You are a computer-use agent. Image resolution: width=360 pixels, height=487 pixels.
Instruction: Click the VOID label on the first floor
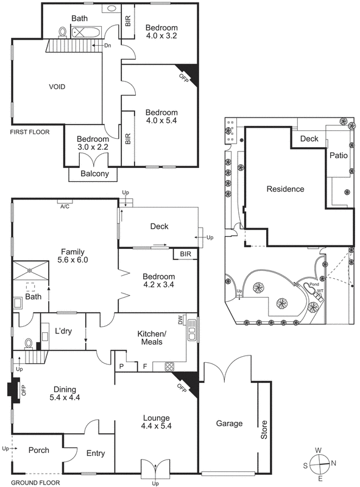tap(57, 87)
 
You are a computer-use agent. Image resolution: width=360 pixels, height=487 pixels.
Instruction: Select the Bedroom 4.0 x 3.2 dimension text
tap(161, 36)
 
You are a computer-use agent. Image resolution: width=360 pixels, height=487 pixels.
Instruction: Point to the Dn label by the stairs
tap(107, 46)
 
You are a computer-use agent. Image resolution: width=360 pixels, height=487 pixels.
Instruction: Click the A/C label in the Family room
tap(65, 206)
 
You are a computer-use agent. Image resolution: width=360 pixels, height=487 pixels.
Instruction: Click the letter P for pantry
tap(122, 366)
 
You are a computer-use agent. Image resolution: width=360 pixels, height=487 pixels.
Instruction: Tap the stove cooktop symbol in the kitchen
tap(170, 366)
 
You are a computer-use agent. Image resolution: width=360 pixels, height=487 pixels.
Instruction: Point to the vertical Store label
tap(264, 430)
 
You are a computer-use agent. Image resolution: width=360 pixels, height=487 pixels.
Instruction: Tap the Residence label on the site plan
tap(285, 189)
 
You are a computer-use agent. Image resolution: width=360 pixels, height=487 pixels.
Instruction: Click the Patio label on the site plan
tap(339, 156)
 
